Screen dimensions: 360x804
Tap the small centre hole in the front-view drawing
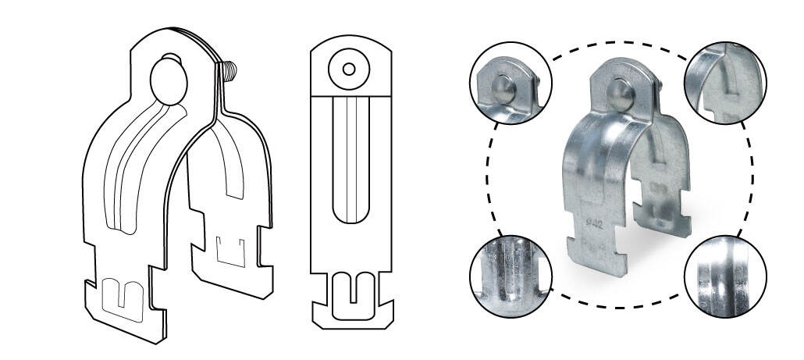348,69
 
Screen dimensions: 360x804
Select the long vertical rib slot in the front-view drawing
348,160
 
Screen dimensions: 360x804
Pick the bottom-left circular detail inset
511,276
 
